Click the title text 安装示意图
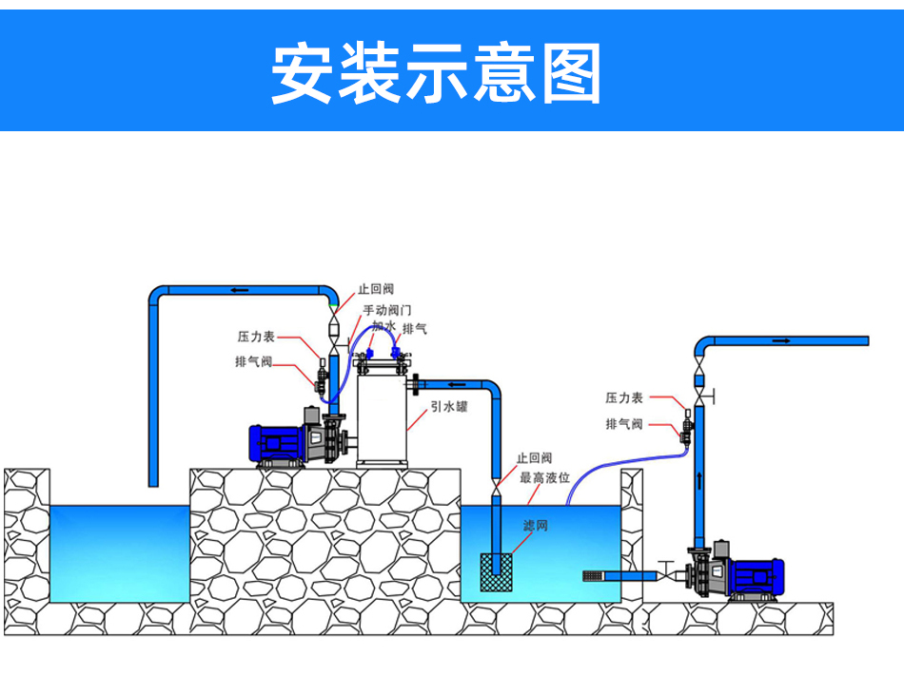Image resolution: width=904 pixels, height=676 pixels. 437,72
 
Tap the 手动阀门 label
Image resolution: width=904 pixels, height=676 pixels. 386,310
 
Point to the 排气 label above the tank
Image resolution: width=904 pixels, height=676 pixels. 415,329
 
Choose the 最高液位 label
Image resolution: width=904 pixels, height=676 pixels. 544,478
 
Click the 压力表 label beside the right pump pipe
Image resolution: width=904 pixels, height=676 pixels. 625,397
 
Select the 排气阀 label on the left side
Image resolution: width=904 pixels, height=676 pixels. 254,361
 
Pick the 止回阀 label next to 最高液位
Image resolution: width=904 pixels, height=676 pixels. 535,458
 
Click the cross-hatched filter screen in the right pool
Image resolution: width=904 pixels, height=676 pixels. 497,576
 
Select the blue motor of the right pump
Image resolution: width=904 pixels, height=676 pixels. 760,576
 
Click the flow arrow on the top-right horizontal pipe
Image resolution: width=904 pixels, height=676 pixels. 781,340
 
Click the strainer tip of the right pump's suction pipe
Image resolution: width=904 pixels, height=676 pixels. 595,576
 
